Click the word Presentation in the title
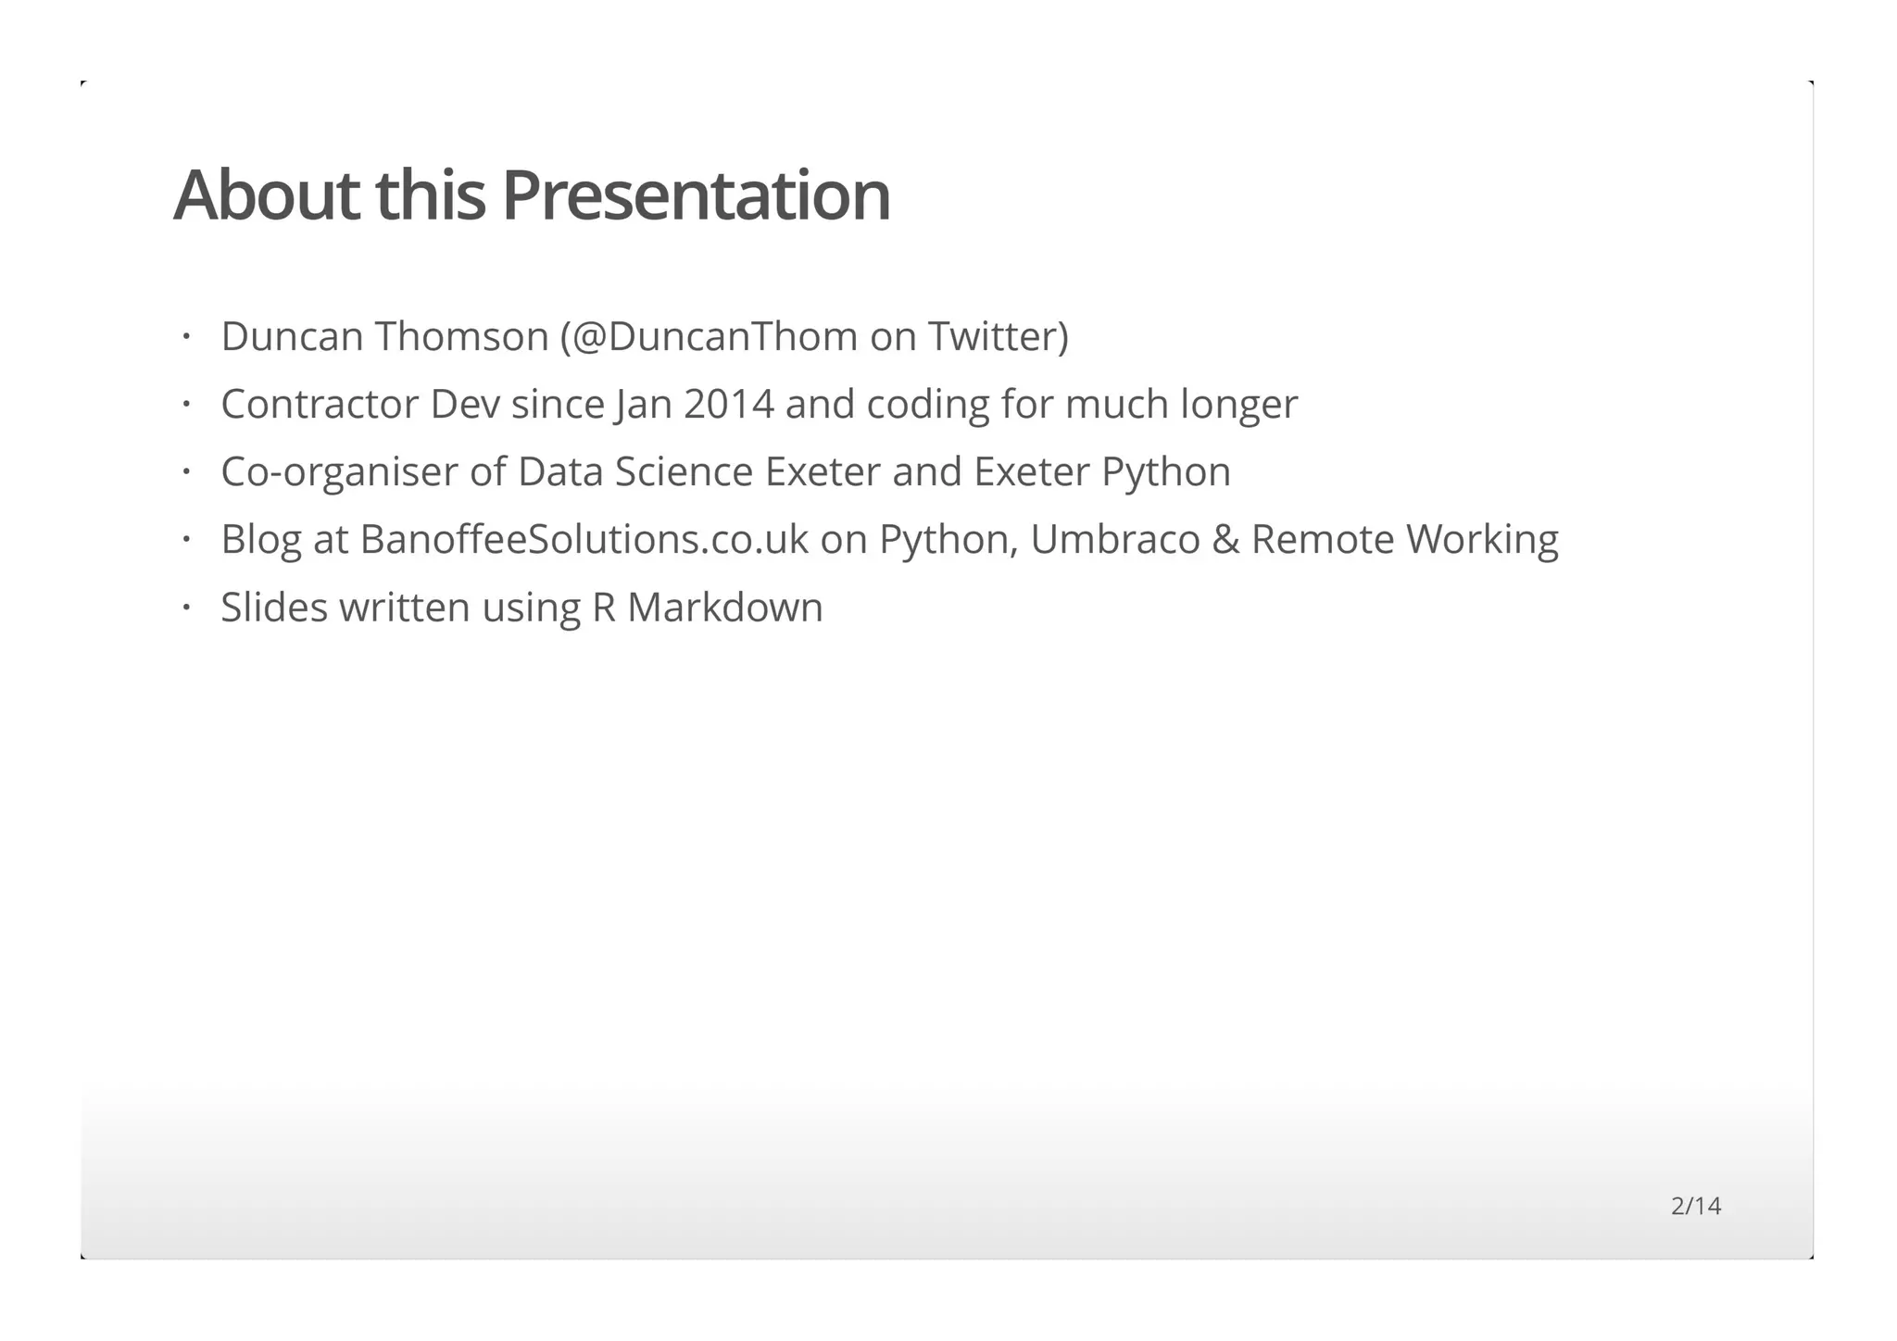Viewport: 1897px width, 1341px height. [x=696, y=196]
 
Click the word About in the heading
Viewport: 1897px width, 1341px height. [x=266, y=196]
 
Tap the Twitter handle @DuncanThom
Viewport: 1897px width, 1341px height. [x=714, y=336]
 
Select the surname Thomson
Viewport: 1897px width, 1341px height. [x=462, y=336]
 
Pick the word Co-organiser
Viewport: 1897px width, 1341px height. [x=339, y=472]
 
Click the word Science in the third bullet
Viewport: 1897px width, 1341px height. [x=684, y=471]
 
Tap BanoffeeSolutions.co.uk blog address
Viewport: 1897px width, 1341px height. [x=584, y=539]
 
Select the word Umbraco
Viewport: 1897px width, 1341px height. [x=1114, y=539]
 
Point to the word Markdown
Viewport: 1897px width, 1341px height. [x=724, y=608]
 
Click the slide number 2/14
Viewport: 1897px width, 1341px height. [x=1695, y=1206]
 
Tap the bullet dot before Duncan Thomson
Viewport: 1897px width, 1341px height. [x=186, y=336]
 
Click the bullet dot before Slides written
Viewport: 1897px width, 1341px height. [x=186, y=608]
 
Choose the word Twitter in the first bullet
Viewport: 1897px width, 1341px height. [x=998, y=336]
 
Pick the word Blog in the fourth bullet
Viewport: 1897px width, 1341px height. [x=261, y=540]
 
